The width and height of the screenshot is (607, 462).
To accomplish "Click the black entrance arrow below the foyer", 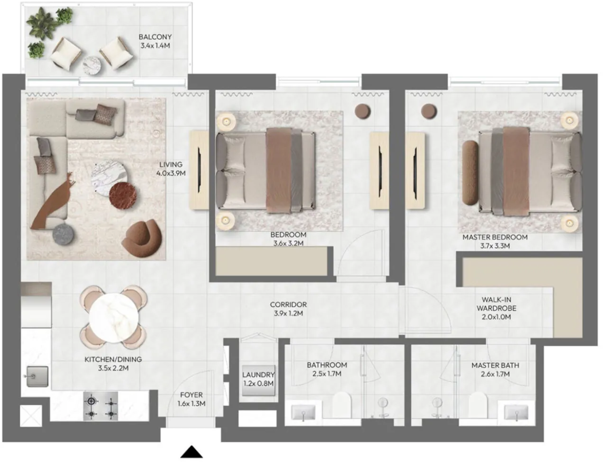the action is [191, 451].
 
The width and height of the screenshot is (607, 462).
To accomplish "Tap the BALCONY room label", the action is [155, 37].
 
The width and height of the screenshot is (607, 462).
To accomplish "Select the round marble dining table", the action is [114, 318].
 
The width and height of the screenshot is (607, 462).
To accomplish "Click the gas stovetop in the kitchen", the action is [101, 406].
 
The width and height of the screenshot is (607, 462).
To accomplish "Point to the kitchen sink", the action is [37, 376].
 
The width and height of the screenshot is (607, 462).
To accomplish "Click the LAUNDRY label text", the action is [258, 374].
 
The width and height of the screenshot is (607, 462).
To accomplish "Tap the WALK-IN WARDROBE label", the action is [496, 304].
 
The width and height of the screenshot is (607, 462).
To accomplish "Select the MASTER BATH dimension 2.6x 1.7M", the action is [495, 374].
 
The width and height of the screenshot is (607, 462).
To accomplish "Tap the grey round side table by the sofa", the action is [63, 234].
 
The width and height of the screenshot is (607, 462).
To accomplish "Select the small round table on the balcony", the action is [91, 65].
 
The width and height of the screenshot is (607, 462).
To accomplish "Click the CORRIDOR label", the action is [288, 304].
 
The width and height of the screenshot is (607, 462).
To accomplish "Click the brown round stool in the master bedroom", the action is [429, 111].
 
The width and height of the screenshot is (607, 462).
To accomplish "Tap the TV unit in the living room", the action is [199, 170].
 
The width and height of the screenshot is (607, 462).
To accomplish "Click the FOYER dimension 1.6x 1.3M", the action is [191, 404].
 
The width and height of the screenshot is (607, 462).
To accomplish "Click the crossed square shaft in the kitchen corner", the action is [31, 416].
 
